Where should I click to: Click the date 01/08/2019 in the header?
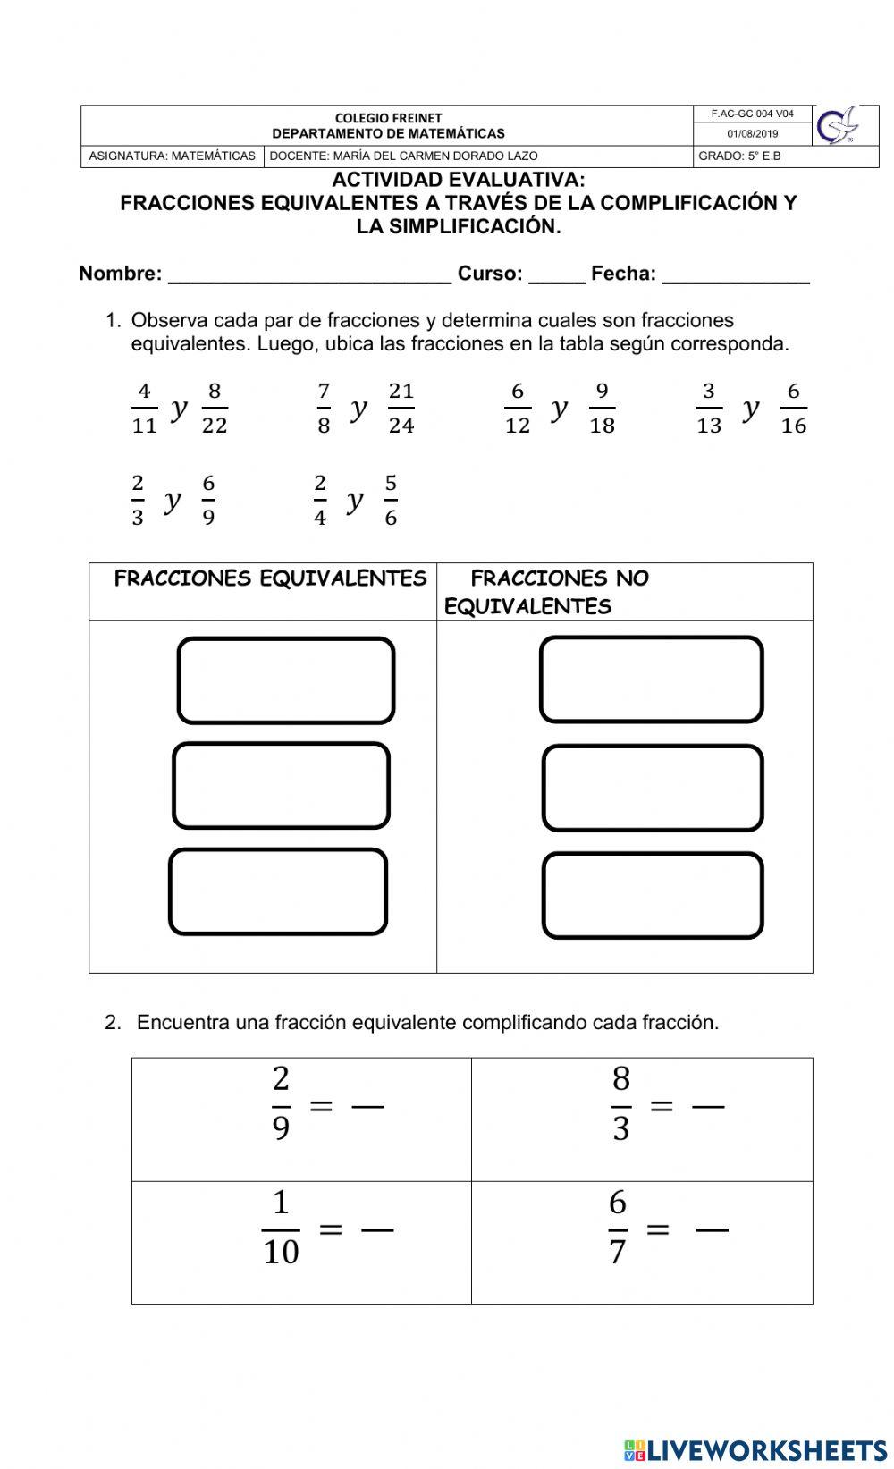click(x=752, y=134)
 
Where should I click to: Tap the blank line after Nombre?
click(x=309, y=275)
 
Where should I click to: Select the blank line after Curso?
click(x=556, y=275)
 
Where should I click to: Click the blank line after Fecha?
click(x=735, y=275)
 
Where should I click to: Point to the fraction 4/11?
click(x=144, y=408)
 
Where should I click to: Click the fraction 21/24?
click(x=401, y=408)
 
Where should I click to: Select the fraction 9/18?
click(x=602, y=408)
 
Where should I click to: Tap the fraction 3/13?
click(x=708, y=408)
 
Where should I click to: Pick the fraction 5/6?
click(x=391, y=501)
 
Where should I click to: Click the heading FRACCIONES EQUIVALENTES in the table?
click(x=270, y=578)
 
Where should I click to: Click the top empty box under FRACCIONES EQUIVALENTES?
click(x=286, y=680)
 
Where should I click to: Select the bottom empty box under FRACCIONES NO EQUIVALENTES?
click(x=653, y=895)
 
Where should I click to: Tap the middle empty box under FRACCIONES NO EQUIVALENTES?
click(x=653, y=788)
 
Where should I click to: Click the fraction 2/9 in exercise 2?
click(x=281, y=1104)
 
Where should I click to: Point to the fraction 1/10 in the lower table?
click(x=281, y=1228)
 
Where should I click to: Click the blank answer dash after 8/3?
click(x=708, y=1107)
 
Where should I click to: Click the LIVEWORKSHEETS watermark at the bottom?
click(x=755, y=1449)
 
